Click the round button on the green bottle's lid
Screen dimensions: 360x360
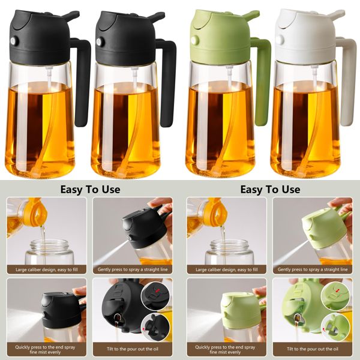point(195,40)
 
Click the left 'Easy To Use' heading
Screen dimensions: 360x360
point(90,189)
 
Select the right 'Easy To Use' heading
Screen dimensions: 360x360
point(270,189)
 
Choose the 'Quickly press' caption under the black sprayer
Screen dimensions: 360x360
point(46,349)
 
